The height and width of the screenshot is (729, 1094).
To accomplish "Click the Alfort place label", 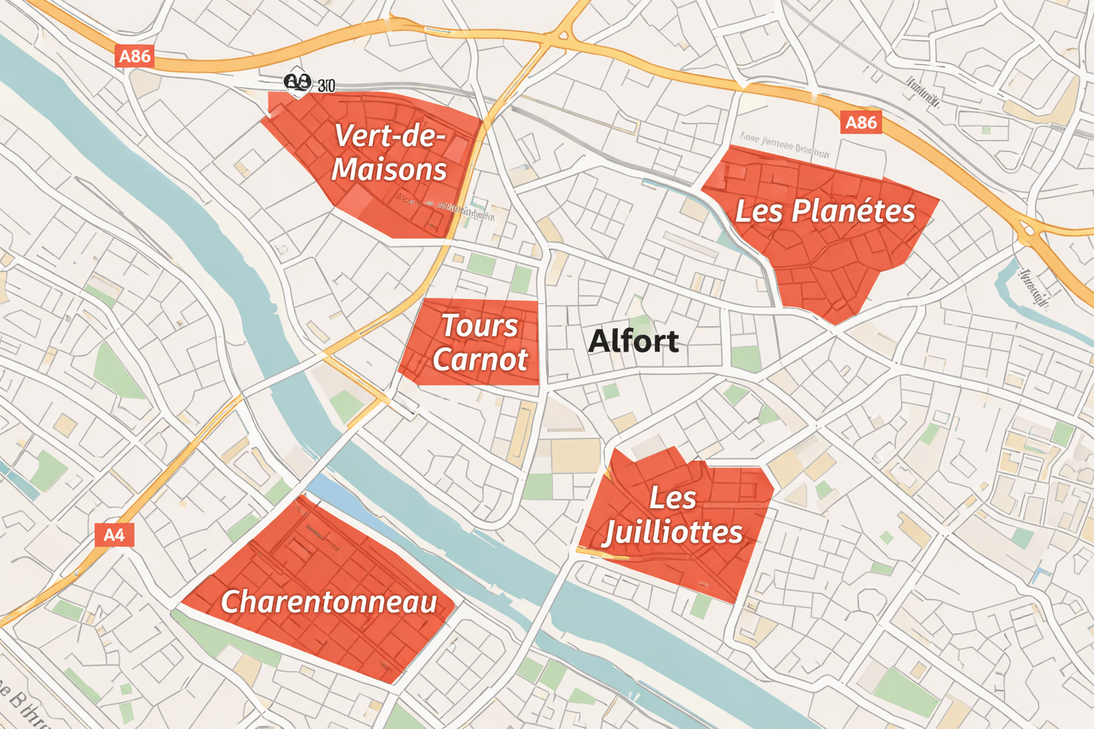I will (633, 341).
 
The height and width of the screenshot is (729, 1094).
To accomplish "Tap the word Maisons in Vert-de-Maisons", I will (389, 169).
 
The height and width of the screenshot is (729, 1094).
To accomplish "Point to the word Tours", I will (479, 325).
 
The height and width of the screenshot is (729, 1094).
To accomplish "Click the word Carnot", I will (480, 360).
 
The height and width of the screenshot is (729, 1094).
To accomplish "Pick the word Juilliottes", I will (672, 532).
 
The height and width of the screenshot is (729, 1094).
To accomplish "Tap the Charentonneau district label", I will (328, 602).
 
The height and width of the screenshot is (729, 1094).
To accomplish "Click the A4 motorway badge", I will (114, 535).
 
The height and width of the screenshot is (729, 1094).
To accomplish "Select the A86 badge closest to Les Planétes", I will (860, 122).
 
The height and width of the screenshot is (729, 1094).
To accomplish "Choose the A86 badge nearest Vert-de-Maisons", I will (135, 56).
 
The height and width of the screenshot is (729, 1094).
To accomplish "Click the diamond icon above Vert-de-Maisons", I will (298, 83).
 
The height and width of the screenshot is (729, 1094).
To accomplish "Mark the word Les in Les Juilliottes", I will (672, 498).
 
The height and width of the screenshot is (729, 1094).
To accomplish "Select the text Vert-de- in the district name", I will (389, 135).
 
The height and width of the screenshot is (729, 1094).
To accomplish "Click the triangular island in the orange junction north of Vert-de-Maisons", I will (563, 33).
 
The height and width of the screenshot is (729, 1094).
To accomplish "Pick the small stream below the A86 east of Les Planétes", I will (1011, 285).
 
